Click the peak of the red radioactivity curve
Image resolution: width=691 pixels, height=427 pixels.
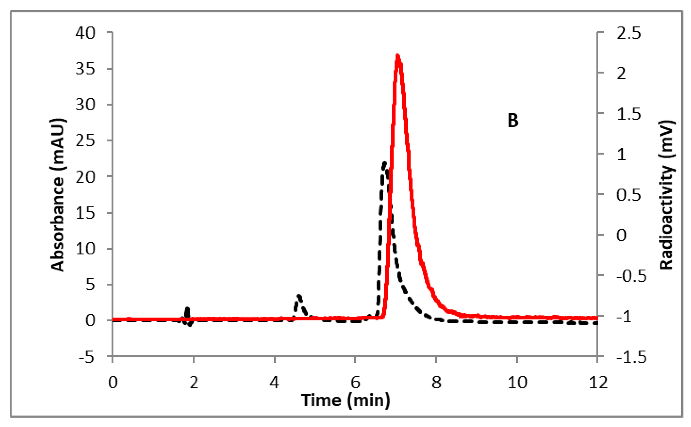[x=398, y=55]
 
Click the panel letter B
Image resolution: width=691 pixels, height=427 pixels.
[x=513, y=121]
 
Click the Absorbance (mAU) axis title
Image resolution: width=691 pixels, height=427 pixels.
[x=58, y=195]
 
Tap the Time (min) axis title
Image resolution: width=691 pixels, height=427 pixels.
[x=346, y=400]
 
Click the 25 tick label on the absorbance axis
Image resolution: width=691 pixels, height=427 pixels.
[x=85, y=141]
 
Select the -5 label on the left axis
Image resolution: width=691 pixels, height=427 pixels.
[x=86, y=358]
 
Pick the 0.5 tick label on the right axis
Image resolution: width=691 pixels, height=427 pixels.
[x=629, y=195]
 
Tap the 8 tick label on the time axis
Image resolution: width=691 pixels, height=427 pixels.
[x=436, y=383]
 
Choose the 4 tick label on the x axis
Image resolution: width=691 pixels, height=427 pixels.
[x=274, y=383]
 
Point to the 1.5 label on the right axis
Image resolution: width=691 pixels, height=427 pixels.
[x=629, y=114]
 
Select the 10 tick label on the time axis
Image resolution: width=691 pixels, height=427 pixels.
[x=517, y=383]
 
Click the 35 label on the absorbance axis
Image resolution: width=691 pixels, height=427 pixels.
[x=85, y=69]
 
